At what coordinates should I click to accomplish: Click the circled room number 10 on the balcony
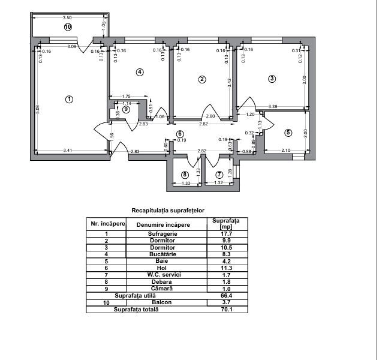click(x=68, y=27)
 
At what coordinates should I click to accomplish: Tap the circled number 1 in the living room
click(x=70, y=100)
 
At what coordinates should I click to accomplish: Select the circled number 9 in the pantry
click(x=126, y=109)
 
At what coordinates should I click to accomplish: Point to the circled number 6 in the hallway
click(x=180, y=134)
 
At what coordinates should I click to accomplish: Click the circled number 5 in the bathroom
click(x=288, y=133)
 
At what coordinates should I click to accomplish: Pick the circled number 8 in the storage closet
click(x=185, y=175)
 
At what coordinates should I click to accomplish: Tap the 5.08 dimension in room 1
click(x=37, y=109)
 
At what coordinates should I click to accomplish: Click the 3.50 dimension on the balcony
click(x=67, y=17)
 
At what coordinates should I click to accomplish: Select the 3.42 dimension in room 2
click(x=230, y=83)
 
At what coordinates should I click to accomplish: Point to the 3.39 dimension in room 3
click(x=273, y=106)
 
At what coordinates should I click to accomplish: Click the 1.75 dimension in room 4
click(x=126, y=96)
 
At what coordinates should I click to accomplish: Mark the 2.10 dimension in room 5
click(x=286, y=150)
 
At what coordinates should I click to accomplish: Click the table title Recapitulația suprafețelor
click(x=168, y=211)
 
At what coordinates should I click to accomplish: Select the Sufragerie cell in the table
click(x=163, y=233)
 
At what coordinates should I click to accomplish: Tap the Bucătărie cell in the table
click(x=163, y=254)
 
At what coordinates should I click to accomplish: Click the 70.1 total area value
click(x=226, y=310)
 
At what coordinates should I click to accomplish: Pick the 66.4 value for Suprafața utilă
click(x=226, y=296)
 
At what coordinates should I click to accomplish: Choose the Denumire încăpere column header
click(x=163, y=225)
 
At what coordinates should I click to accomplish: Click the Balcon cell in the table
click(x=162, y=302)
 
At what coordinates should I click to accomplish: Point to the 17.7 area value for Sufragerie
click(x=226, y=234)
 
